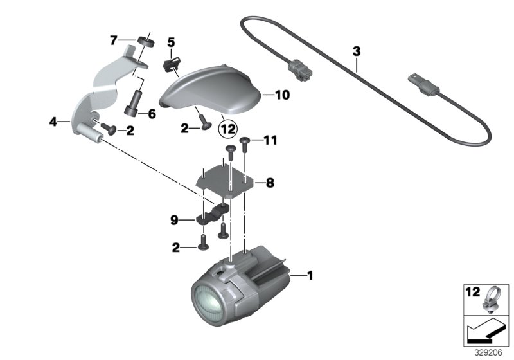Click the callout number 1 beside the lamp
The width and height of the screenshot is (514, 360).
pyautogui.click(x=310, y=276)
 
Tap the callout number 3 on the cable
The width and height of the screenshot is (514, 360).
pyautogui.click(x=357, y=50)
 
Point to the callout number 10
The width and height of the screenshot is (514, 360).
pyautogui.click(x=283, y=95)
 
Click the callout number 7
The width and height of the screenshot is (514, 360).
pyautogui.click(x=113, y=40)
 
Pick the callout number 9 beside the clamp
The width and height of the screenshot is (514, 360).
pyautogui.click(x=174, y=220)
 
